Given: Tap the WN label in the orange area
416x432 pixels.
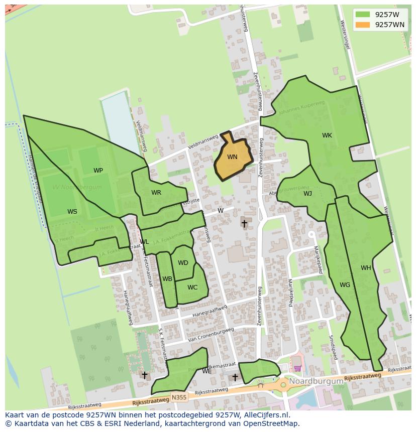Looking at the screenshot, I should (x=232, y=157).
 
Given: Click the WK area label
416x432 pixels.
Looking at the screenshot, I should (x=327, y=135).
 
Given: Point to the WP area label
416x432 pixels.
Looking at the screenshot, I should (x=98, y=171).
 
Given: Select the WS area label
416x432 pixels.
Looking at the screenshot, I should (x=72, y=212).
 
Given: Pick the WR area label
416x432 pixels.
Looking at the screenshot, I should (x=156, y=193).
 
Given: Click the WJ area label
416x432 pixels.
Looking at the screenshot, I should (x=307, y=194).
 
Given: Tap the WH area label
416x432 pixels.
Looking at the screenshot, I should (x=366, y=268).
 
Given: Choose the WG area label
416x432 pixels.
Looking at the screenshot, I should (x=345, y=285).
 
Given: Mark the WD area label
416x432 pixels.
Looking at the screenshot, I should (x=183, y=263).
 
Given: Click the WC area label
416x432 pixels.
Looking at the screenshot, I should (x=192, y=287).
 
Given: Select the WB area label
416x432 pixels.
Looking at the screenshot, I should (x=167, y=279).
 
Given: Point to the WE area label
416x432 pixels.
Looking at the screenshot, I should (x=206, y=371).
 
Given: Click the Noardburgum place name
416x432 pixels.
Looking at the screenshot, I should (x=316, y=381).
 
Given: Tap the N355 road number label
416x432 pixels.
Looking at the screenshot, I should (x=178, y=397).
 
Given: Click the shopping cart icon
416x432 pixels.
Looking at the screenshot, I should (x=297, y=368).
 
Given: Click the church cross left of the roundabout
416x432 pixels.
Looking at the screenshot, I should (x=235, y=377).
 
